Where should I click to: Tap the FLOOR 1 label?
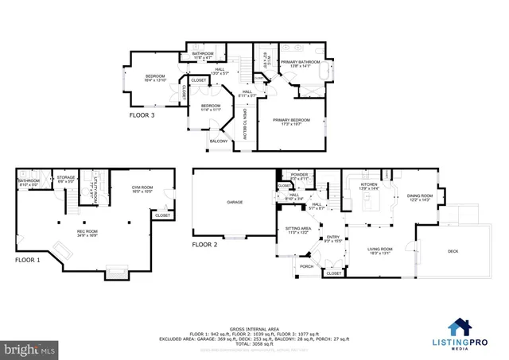coord(29,259)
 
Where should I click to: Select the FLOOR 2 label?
coord(204,245)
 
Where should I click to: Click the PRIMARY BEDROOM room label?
coord(292,121)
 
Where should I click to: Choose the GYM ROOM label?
coord(142,189)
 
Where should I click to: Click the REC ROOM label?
coord(65,233)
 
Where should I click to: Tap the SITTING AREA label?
coord(297,230)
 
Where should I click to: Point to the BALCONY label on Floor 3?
coord(219,141)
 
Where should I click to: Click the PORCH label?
coord(306,266)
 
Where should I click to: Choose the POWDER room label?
coord(300,175)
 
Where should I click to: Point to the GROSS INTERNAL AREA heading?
coord(254,327)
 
